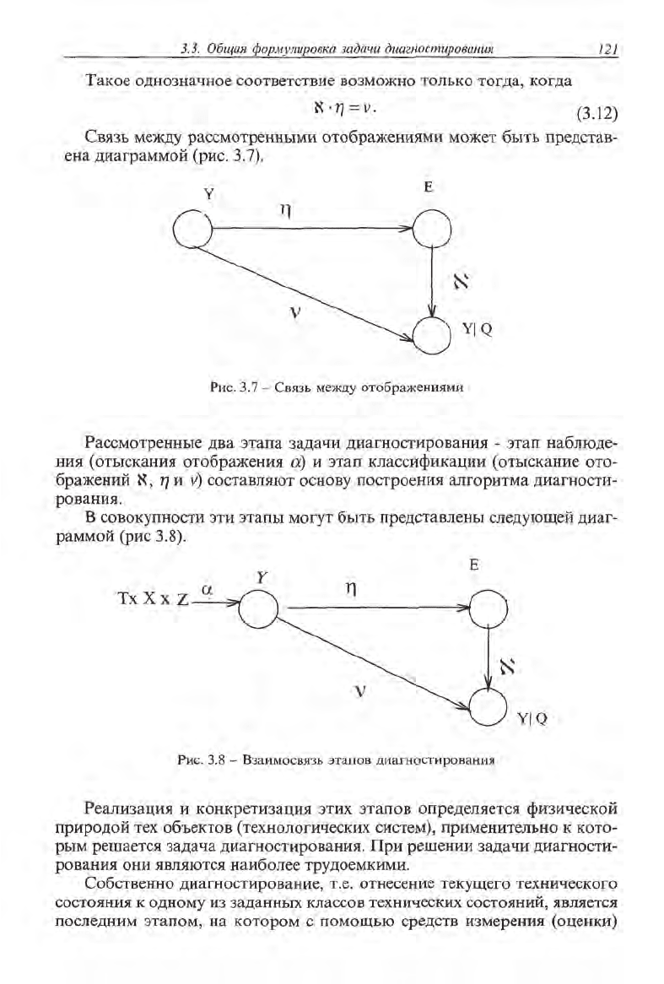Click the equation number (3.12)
[x=597, y=113]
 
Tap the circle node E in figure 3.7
[x=432, y=227]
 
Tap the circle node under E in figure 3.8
[x=489, y=607]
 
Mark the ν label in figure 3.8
[x=360, y=692]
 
